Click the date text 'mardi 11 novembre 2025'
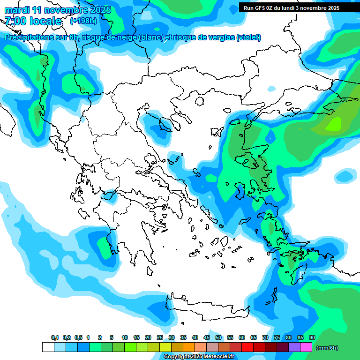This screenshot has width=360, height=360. (58, 10)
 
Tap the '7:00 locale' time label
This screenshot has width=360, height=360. (33, 21)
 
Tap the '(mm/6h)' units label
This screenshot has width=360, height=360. (327, 348)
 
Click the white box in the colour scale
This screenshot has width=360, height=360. (48, 347)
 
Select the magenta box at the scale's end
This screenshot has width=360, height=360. (306, 347)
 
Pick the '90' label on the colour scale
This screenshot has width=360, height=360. (312, 338)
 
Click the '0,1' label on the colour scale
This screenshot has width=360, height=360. (54, 338)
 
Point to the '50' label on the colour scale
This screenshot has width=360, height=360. (218, 338)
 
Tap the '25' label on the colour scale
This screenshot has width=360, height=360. (160, 338)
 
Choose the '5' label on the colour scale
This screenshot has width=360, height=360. (112, 338)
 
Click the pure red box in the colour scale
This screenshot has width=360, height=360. (247, 347)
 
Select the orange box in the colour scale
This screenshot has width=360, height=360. (189, 347)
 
